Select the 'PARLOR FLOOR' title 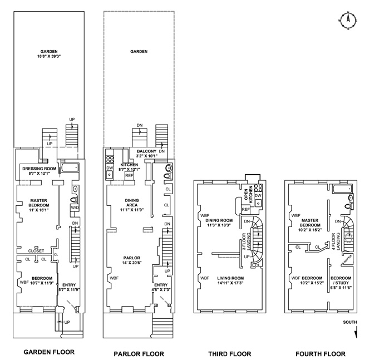coord(138,353)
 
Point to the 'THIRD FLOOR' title coord(229,353)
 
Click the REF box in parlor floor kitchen coord(129,175)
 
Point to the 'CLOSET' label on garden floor coord(36,251)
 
